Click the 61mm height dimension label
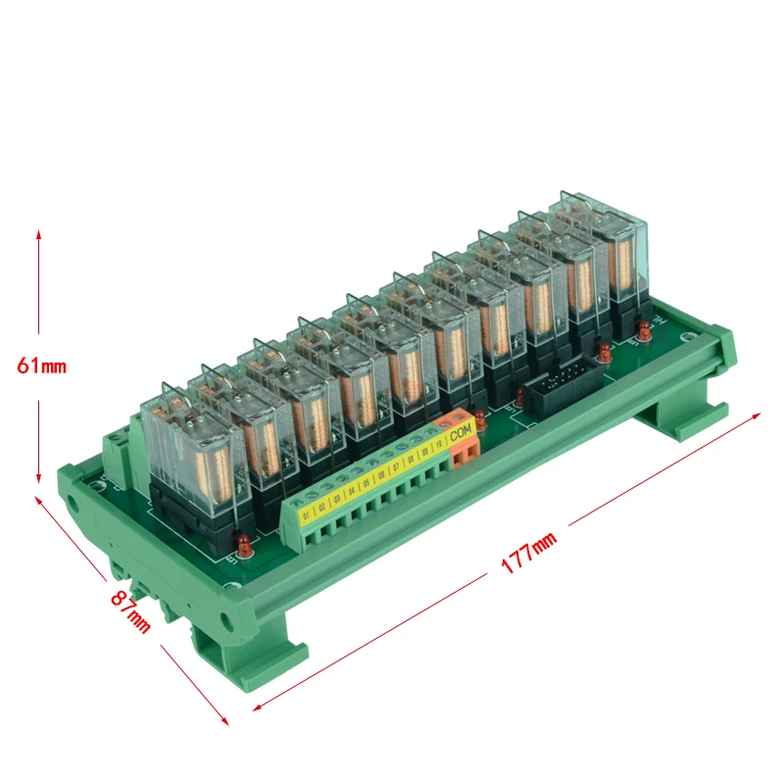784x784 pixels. click(41, 367)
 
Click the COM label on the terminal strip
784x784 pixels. click(461, 429)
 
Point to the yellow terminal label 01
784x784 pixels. click(305, 513)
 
